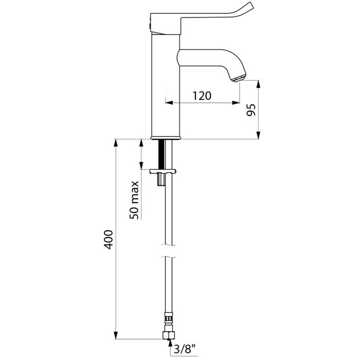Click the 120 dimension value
(203, 96)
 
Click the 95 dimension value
(251, 110)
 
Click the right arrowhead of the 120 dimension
(238, 103)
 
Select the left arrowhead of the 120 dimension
(168, 103)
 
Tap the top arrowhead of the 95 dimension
(257, 82)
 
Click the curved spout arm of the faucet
(206, 58)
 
